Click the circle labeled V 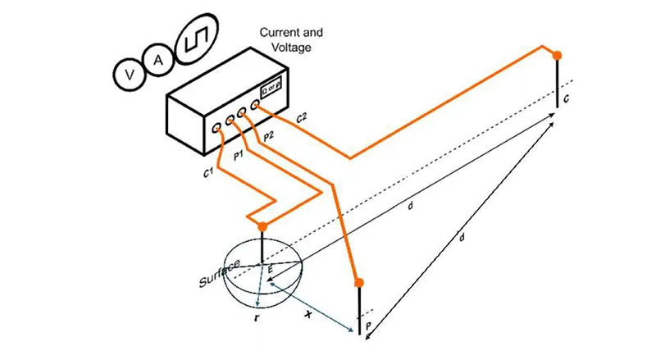(129, 75)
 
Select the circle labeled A (159, 59)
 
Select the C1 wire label (207, 171)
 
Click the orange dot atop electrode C (558, 56)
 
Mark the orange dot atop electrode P (359, 283)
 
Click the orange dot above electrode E (262, 226)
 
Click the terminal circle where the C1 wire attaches (216, 129)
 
